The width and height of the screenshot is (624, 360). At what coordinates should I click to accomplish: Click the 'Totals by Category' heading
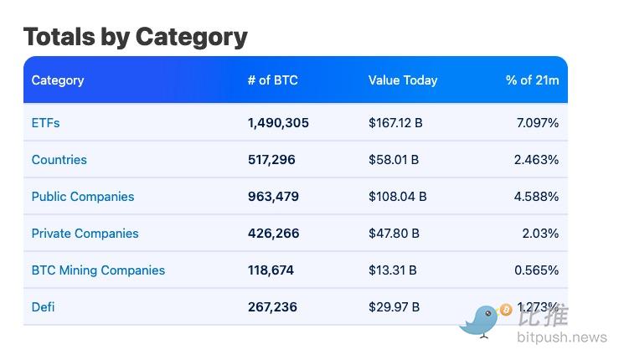pyautogui.click(x=135, y=37)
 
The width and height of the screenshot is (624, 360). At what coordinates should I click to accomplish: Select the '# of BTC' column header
pyautogui.click(x=272, y=80)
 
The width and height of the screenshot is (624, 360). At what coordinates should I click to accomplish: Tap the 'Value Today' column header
pyautogui.click(x=403, y=80)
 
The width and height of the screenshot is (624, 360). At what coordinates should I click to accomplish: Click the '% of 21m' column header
pyautogui.click(x=532, y=80)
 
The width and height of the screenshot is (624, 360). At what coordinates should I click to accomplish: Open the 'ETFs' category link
pyautogui.click(x=45, y=123)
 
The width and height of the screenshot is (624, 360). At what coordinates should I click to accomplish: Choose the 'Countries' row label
pyautogui.click(x=59, y=160)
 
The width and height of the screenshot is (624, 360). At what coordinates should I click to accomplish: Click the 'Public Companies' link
pyautogui.click(x=83, y=197)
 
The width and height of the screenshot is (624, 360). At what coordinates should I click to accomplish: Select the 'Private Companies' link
pyautogui.click(x=85, y=234)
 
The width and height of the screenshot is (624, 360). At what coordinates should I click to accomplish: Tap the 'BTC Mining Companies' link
pyautogui.click(x=98, y=270)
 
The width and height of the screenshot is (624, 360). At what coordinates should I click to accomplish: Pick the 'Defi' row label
pyautogui.click(x=43, y=307)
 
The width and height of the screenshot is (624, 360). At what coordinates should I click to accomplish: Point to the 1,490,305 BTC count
pyautogui.click(x=278, y=123)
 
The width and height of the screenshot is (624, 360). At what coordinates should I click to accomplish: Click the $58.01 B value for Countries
pyautogui.click(x=394, y=160)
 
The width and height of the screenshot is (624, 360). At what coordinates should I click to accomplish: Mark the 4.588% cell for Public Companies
pyautogui.click(x=537, y=197)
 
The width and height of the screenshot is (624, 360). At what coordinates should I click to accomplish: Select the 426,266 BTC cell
pyautogui.click(x=273, y=234)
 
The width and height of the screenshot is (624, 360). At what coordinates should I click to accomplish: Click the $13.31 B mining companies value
pyautogui.click(x=393, y=270)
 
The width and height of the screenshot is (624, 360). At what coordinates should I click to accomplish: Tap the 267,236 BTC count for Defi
pyautogui.click(x=272, y=307)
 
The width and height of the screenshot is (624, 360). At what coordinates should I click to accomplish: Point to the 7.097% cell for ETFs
pyautogui.click(x=537, y=123)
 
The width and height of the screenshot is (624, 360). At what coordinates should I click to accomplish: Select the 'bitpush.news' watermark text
pyautogui.click(x=561, y=338)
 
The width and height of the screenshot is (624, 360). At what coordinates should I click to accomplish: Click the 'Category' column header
pyautogui.click(x=58, y=80)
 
